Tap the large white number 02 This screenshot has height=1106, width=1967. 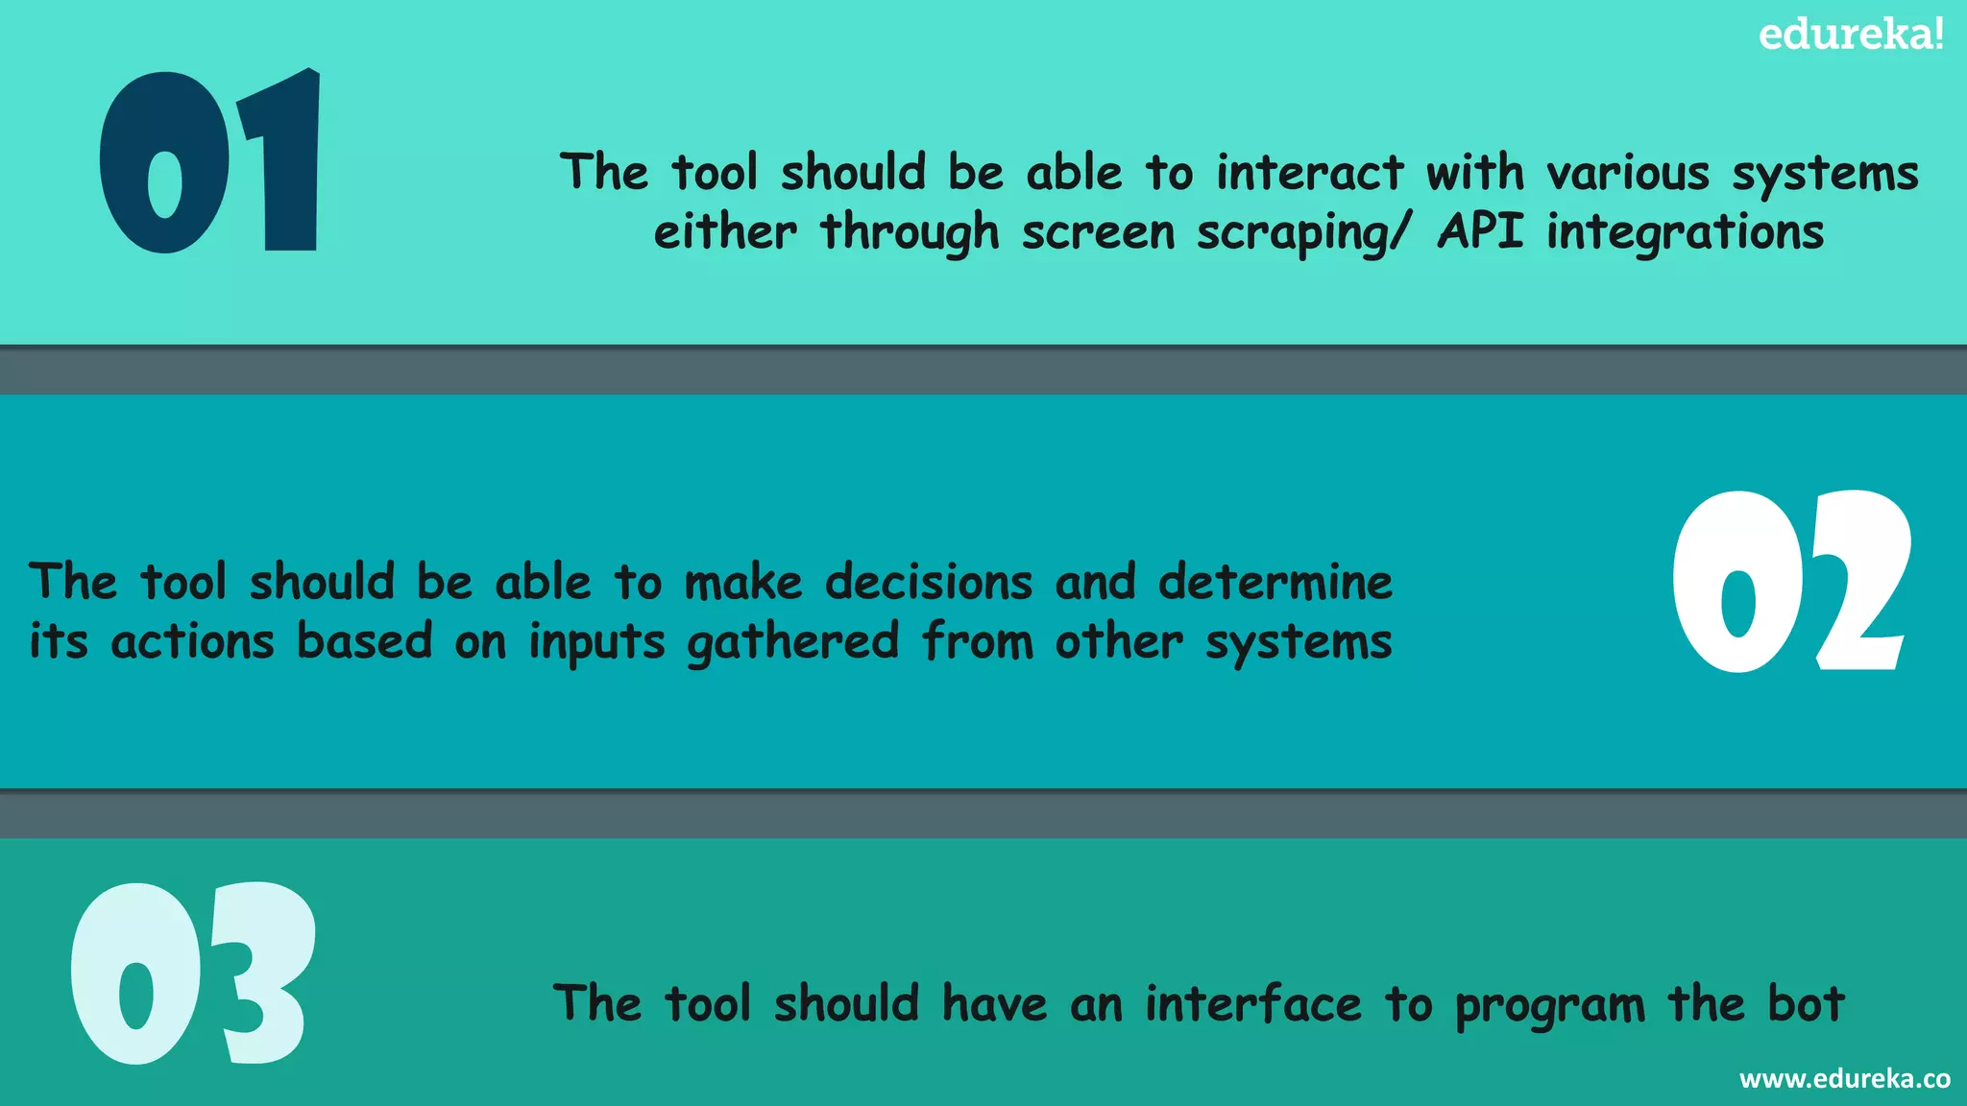[x=1790, y=582]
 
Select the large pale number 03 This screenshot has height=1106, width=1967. [x=192, y=974]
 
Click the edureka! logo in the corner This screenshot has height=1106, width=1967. [x=1851, y=35]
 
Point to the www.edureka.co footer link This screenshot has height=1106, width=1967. [x=1844, y=1079]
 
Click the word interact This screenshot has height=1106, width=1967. [x=1309, y=174]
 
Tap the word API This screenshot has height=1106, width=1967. [x=1480, y=231]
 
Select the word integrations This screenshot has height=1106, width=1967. [x=1685, y=233]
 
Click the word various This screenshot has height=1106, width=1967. [x=1628, y=174]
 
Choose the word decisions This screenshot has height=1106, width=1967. [x=929, y=583]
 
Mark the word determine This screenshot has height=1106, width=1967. [x=1275, y=583]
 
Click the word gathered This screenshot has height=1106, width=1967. [x=793, y=642]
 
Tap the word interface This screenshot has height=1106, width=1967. [x=1253, y=1004]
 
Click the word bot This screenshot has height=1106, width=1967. [x=1806, y=1004]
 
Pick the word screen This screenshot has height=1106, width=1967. [x=1098, y=233]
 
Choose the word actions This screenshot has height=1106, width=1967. [x=192, y=642]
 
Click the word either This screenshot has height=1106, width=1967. [x=725, y=233]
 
